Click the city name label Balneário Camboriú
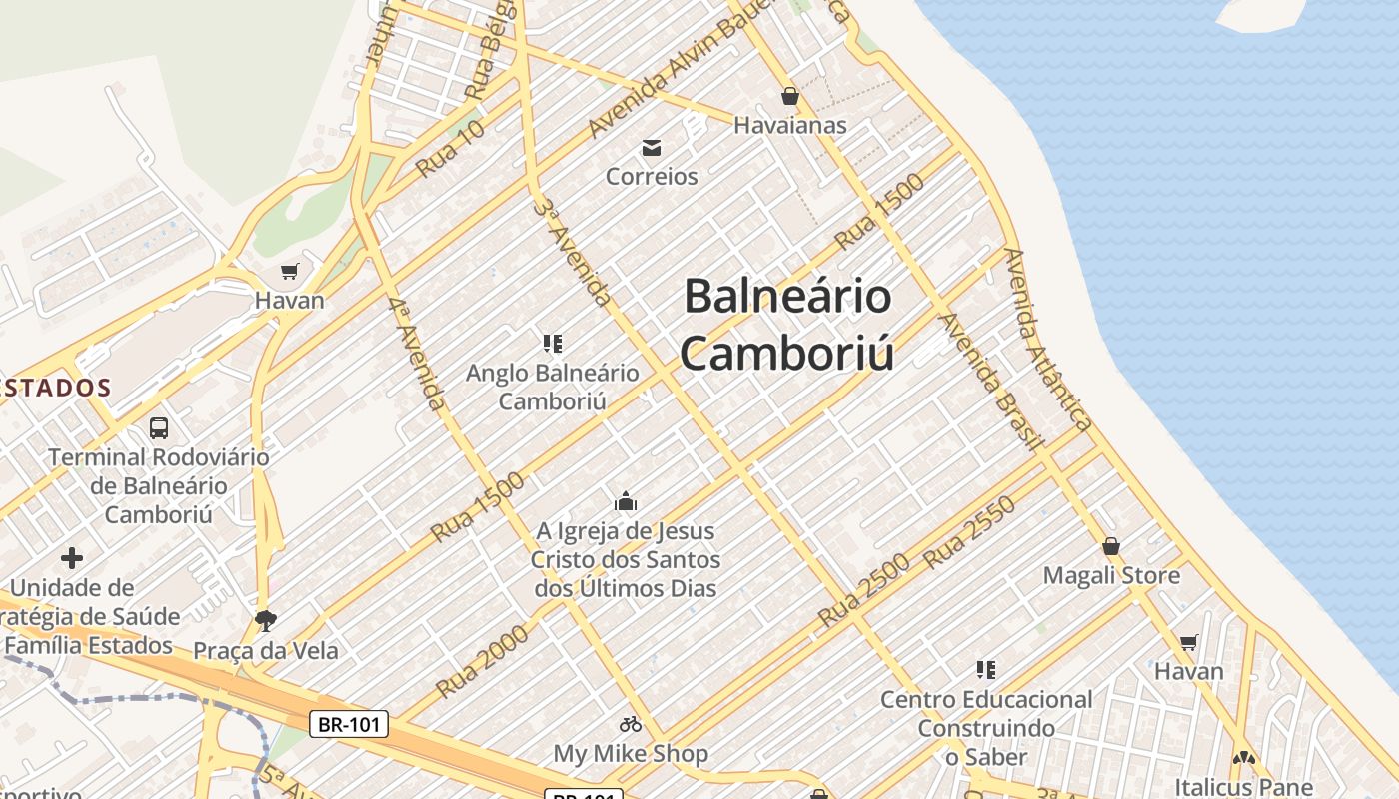point(788,325)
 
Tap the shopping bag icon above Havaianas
point(790,96)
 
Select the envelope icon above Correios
point(652,148)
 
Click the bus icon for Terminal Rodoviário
point(159,428)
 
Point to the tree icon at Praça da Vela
point(265,621)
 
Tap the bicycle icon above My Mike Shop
point(631,724)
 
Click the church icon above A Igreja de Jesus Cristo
point(626,501)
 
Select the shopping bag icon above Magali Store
point(1111,546)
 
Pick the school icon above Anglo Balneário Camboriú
point(552,344)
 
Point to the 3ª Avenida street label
point(573,251)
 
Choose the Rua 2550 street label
point(970,532)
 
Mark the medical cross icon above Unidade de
point(72,558)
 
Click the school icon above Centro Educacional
point(986,669)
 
